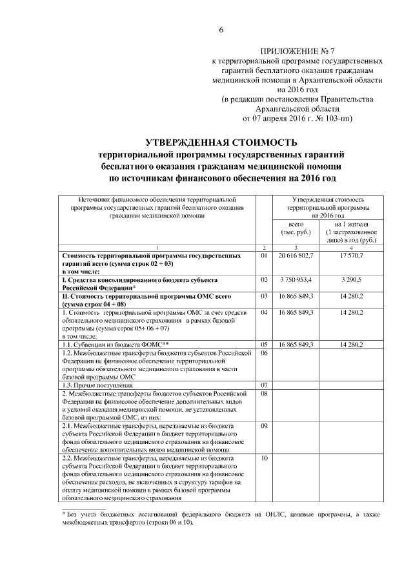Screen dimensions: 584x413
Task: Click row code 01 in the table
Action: pyautogui.click(x=263, y=256)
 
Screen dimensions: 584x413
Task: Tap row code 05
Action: pyautogui.click(x=263, y=345)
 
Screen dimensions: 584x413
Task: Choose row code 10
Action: pyautogui.click(x=263, y=458)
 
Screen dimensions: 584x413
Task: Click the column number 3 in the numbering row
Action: pyautogui.click(x=296, y=248)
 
